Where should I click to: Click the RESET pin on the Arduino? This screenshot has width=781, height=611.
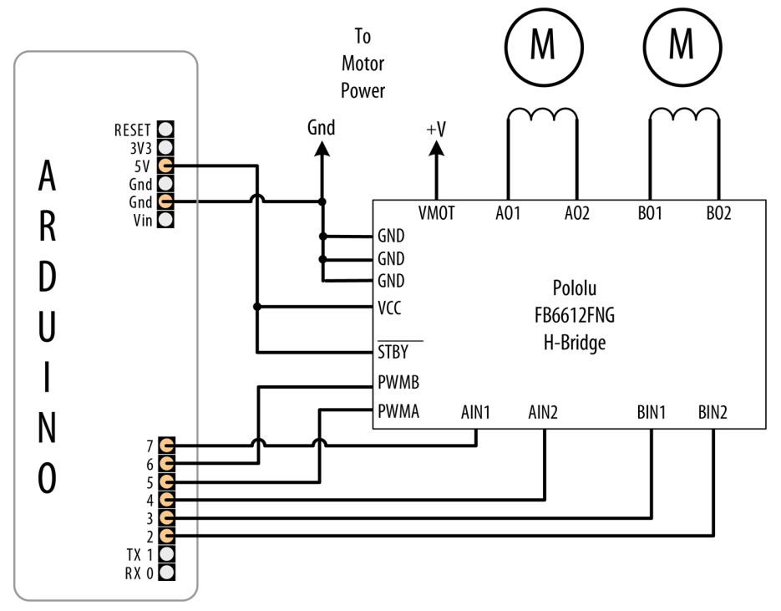tap(166, 129)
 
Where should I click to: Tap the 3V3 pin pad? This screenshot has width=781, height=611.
tap(166, 147)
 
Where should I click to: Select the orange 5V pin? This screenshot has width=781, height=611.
tap(166, 165)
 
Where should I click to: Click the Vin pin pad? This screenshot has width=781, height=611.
tap(166, 219)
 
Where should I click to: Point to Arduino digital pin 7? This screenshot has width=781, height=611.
tap(167, 445)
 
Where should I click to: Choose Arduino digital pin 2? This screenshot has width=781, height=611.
tap(167, 536)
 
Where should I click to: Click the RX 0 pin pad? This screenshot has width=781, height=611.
tap(167, 572)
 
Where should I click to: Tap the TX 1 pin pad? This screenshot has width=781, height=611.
tap(167, 553)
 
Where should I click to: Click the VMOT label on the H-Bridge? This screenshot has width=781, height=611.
tap(436, 213)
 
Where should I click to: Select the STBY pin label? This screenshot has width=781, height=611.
tap(393, 352)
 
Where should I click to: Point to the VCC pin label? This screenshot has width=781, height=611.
tap(389, 308)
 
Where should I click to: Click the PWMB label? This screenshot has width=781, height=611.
tap(398, 382)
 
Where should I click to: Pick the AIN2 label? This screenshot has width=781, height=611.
tap(543, 412)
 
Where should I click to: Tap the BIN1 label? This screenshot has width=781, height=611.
tap(651, 412)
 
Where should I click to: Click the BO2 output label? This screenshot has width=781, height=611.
tap(718, 213)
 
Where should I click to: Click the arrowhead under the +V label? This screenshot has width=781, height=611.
tap(436, 149)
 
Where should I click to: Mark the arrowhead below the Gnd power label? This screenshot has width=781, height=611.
tap(322, 149)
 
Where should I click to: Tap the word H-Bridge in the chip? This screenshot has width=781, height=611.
tap(575, 343)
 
